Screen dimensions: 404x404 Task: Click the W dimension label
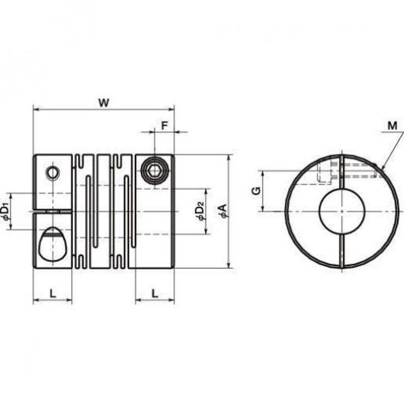[104, 103]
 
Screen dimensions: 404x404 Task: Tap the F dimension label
[165, 125]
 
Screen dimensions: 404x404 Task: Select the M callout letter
[392, 126]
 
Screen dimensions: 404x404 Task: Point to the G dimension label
[257, 191]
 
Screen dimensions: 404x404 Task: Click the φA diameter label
[223, 211]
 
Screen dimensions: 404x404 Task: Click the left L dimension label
[53, 293]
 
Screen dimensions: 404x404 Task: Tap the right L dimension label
[155, 293]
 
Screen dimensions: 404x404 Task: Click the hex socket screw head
[155, 170]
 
